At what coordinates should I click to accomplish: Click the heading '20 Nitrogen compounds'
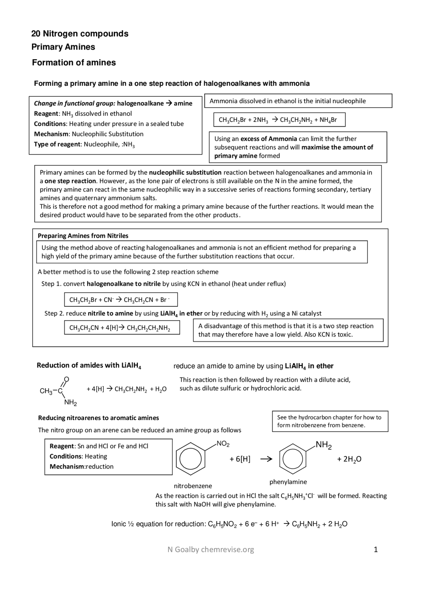(x=80, y=34)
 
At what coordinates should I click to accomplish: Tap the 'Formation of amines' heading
(x=74, y=63)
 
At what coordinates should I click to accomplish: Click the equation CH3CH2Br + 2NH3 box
(x=279, y=120)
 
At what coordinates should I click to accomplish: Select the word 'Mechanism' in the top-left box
(x=51, y=134)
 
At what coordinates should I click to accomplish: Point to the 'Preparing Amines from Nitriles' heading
(x=83, y=236)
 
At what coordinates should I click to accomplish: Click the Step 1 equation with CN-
(x=121, y=300)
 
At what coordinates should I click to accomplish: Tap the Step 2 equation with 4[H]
(x=122, y=328)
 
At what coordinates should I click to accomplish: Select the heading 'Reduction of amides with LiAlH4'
(x=89, y=365)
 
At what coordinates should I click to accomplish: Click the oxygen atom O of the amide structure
(x=66, y=379)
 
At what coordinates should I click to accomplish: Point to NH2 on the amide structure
(x=70, y=403)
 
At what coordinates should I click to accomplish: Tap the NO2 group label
(x=223, y=444)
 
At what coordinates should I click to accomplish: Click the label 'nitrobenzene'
(x=193, y=486)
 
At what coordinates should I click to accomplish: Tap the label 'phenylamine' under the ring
(x=288, y=482)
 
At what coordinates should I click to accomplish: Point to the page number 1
(x=376, y=550)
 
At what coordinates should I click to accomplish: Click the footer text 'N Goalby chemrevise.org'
(x=211, y=550)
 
